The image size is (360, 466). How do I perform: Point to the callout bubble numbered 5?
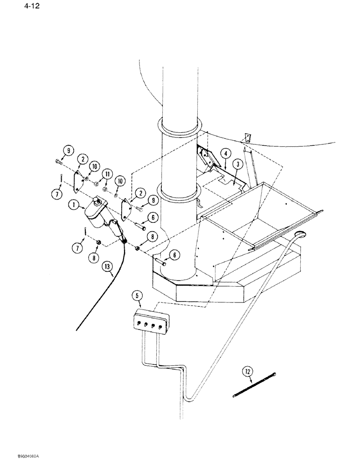[x=136, y=295]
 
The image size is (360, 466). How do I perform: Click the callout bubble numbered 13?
[x=107, y=267]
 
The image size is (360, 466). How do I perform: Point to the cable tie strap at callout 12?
[x=255, y=385]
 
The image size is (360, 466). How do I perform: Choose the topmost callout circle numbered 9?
[x=69, y=151]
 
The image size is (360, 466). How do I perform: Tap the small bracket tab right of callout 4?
[x=248, y=138]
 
